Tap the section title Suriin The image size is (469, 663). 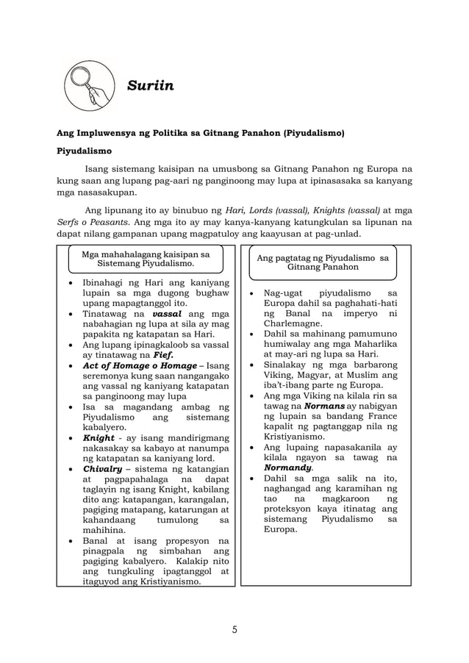[150, 87]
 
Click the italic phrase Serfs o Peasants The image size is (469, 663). [88, 221]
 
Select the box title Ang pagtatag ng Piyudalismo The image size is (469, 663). [323, 260]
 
